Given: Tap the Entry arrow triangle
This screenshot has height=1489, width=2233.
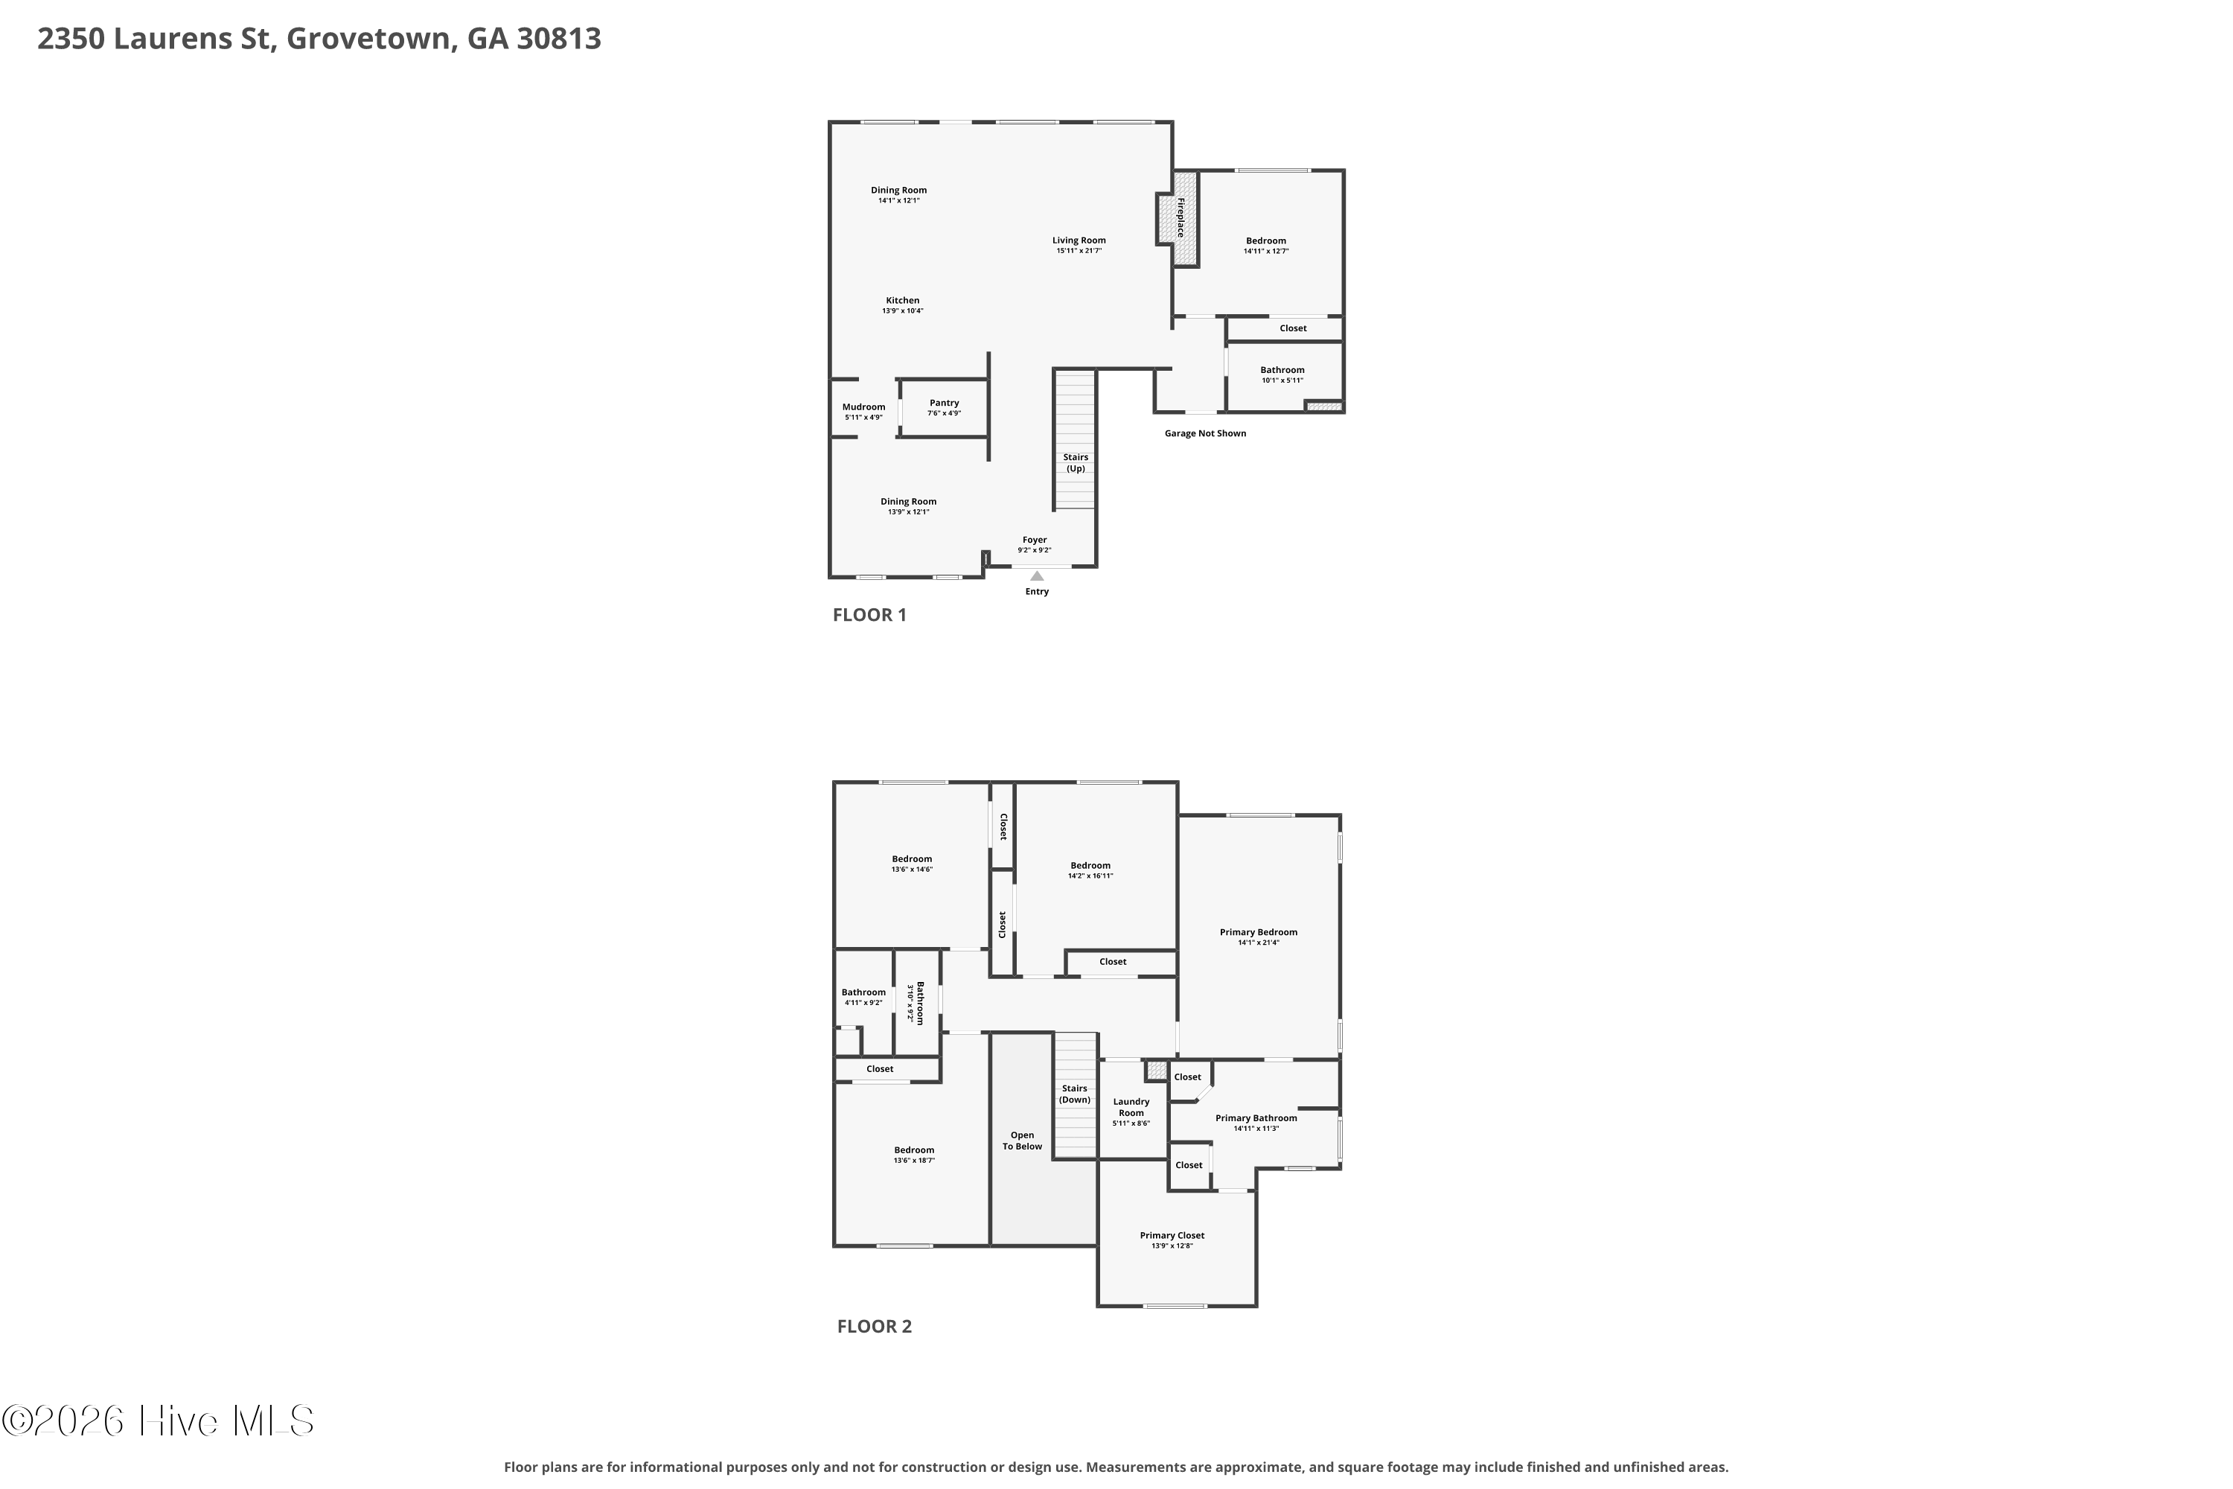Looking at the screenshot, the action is (x=1037, y=575).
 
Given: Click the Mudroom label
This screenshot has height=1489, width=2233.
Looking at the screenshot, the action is (x=864, y=406).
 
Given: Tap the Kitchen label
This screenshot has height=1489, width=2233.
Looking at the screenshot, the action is (x=903, y=300).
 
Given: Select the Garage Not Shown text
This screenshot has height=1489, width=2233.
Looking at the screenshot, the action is (x=1206, y=433).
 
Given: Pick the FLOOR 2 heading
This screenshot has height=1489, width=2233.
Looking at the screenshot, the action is (x=875, y=1327).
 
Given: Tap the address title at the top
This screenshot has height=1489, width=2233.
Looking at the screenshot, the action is (x=319, y=39).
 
